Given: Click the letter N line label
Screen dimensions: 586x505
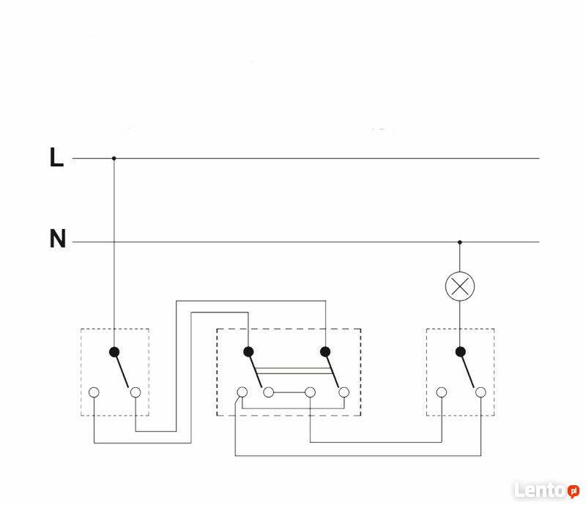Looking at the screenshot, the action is pyautogui.click(x=58, y=239).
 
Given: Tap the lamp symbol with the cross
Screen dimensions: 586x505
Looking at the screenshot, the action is pyautogui.click(x=460, y=286).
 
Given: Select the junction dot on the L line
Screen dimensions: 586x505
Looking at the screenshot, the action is pyautogui.click(x=114, y=158).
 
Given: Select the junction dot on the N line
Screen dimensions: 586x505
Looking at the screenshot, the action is pyautogui.click(x=460, y=242).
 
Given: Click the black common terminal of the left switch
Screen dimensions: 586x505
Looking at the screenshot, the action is pyautogui.click(x=114, y=352).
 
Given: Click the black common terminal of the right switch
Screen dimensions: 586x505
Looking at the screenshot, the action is pyautogui.click(x=461, y=352).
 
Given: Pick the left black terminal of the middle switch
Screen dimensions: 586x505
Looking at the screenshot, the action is pyautogui.click(x=248, y=351).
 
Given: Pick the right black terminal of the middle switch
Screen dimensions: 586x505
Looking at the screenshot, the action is pyautogui.click(x=325, y=351).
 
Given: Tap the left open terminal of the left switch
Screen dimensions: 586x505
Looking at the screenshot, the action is pyautogui.click(x=94, y=392).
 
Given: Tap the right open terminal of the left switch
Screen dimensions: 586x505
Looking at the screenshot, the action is pyautogui.click(x=136, y=392).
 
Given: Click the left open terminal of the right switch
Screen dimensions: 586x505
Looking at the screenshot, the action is pyautogui.click(x=442, y=392).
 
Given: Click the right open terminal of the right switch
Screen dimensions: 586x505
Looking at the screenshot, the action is pyautogui.click(x=481, y=392).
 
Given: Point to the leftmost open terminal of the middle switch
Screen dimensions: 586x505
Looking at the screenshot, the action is pyautogui.click(x=242, y=392).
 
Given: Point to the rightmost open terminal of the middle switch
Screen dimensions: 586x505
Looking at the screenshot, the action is pyautogui.click(x=344, y=392).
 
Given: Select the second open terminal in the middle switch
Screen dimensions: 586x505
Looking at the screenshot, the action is pyautogui.click(x=268, y=392).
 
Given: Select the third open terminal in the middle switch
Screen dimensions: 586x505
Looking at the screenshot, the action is pyautogui.click(x=310, y=392).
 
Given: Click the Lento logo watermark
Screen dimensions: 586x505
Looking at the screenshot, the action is pyautogui.click(x=546, y=490).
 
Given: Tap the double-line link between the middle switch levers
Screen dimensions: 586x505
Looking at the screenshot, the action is pyautogui.click(x=294, y=370).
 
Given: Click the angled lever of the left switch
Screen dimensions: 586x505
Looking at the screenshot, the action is pyautogui.click(x=122, y=370).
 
